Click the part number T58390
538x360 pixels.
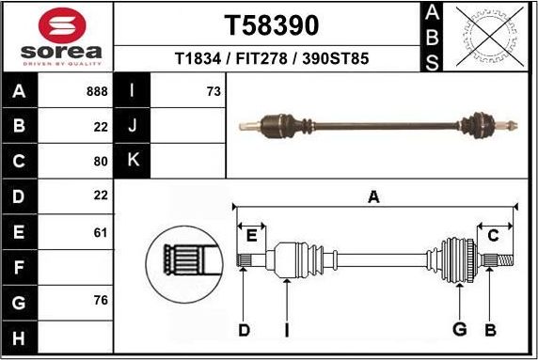click(x=271, y=24)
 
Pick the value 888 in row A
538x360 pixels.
click(x=96, y=92)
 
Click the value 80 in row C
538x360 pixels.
click(x=101, y=160)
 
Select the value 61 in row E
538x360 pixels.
click(x=101, y=231)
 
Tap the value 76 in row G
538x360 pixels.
click(x=101, y=301)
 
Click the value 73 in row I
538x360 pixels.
click(x=214, y=92)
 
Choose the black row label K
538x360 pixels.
click(x=133, y=160)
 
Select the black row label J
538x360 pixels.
click(x=133, y=126)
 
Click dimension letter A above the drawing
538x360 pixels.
click(x=373, y=196)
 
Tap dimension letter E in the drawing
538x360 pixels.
click(x=251, y=235)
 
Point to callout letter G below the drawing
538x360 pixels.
click(x=459, y=329)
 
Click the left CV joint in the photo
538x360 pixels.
click(x=279, y=122)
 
